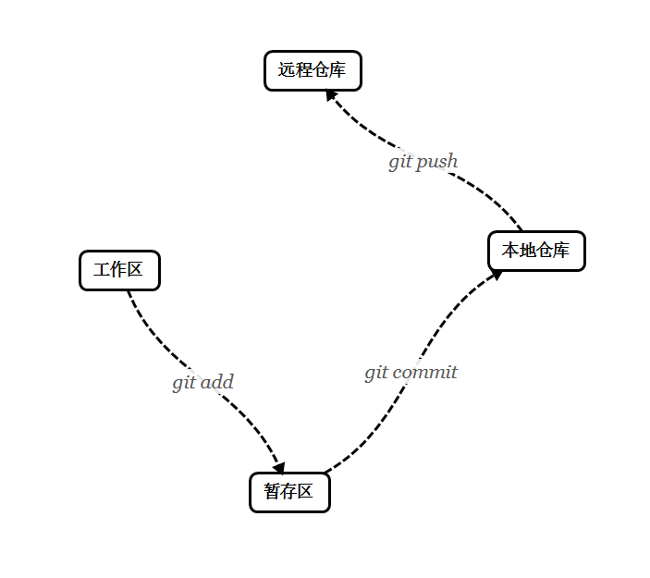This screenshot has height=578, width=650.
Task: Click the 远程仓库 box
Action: click(x=313, y=71)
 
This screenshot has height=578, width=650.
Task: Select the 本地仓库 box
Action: click(x=536, y=251)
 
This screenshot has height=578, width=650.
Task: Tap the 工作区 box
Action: click(x=119, y=270)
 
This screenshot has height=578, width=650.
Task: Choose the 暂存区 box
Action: click(x=289, y=492)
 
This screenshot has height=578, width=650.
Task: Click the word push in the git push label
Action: click(x=436, y=162)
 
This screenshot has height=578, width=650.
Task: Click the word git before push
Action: click(x=399, y=162)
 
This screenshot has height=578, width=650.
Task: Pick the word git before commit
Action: click(x=375, y=373)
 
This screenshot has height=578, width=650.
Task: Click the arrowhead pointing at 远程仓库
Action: click(x=331, y=95)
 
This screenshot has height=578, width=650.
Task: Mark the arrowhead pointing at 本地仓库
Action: click(x=497, y=274)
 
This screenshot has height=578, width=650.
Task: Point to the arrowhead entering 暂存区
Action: click(x=278, y=468)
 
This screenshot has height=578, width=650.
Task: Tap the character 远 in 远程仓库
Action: click(x=286, y=70)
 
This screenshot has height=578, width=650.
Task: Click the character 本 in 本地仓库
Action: click(x=509, y=251)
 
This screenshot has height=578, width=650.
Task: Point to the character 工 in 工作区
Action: click(x=102, y=270)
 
